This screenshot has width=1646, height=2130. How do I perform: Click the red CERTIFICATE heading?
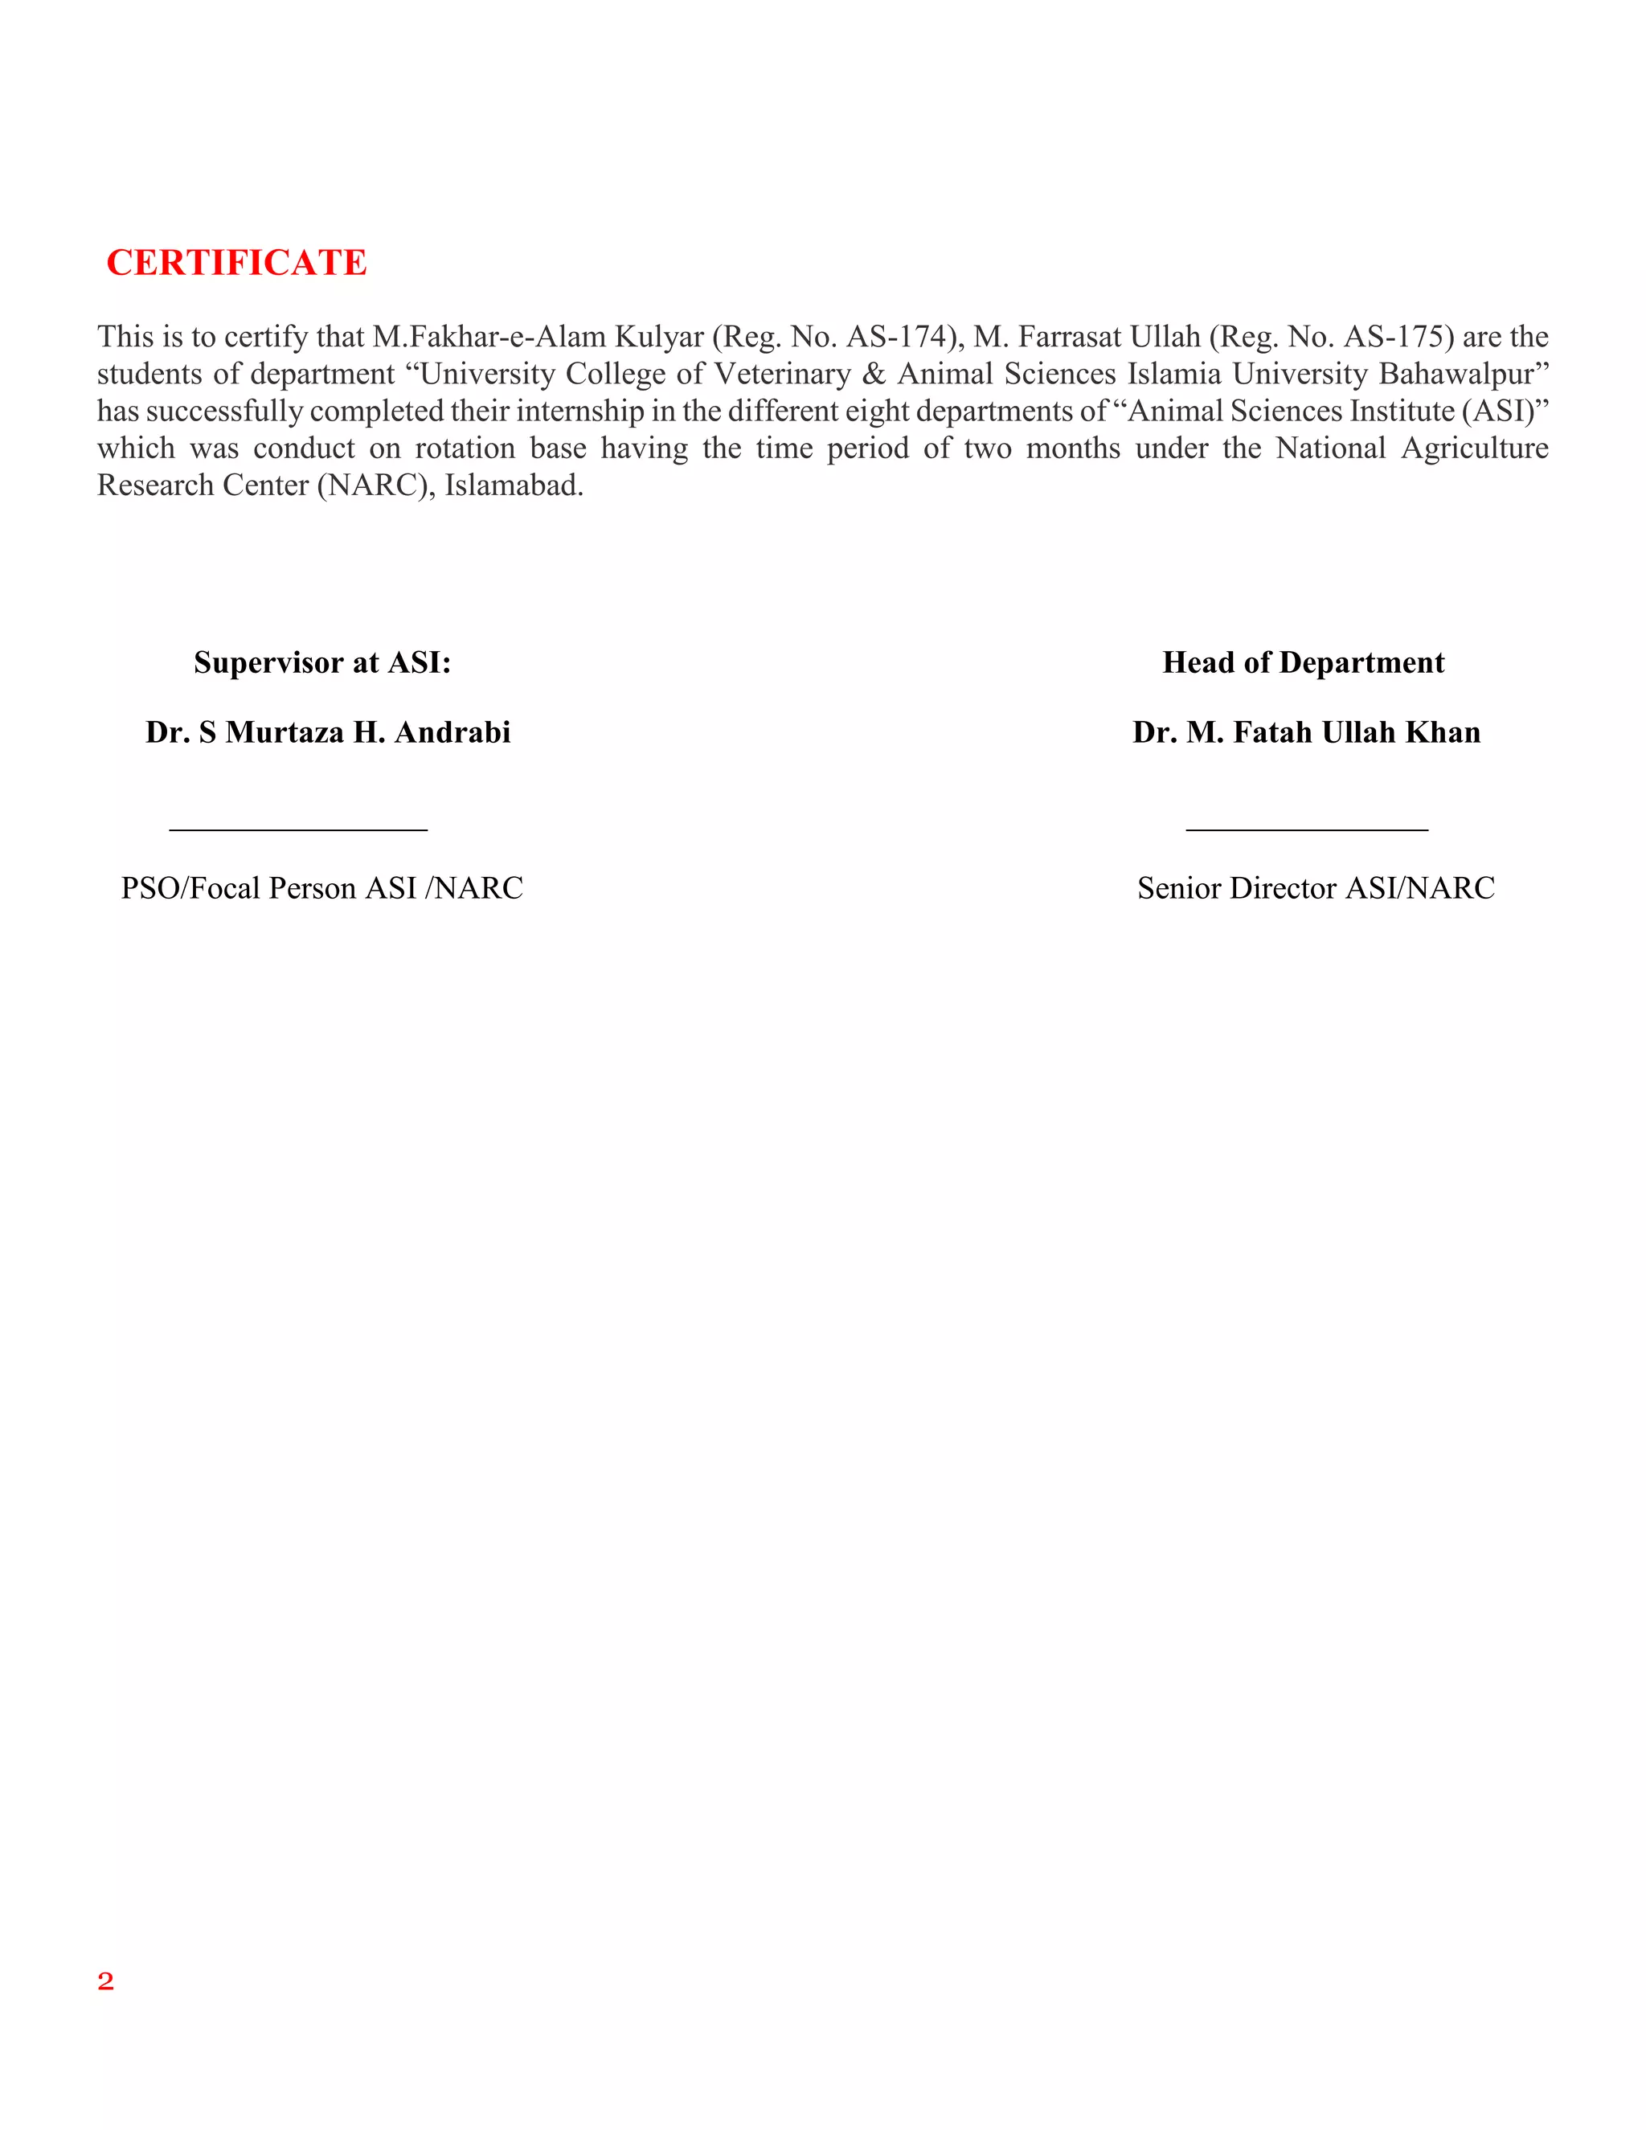point(236,262)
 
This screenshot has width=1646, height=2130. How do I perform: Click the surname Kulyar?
point(658,337)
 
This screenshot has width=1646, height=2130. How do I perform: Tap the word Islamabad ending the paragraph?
point(512,485)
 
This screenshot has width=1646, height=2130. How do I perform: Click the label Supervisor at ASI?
point(323,662)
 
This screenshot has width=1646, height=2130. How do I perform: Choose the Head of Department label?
point(1304,662)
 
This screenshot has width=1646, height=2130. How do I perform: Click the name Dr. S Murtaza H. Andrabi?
point(329,732)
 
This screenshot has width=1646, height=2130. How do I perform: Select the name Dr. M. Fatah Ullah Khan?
point(1307,732)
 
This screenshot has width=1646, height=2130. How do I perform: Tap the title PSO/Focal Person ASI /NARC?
point(321,888)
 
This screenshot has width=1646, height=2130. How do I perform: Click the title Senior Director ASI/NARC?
point(1316,888)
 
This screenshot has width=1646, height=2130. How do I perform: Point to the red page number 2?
point(105,1980)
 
